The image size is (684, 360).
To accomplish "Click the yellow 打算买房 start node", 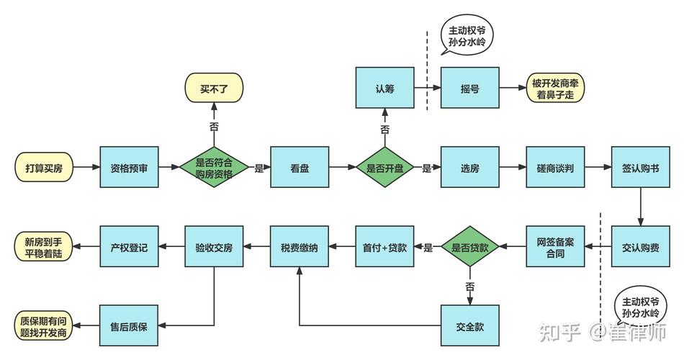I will pyautogui.click(x=44, y=168).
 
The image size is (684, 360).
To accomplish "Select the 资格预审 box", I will pyautogui.click(x=129, y=168).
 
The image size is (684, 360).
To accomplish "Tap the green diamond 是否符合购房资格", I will pyautogui.click(x=214, y=168).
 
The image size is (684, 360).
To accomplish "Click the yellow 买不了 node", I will pyautogui.click(x=214, y=89).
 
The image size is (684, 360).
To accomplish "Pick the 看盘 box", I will pyautogui.click(x=300, y=168).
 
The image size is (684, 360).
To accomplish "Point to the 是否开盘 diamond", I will pyautogui.click(x=384, y=168).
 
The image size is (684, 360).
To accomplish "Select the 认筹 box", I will pyautogui.click(x=384, y=89).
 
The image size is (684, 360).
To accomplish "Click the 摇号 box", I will pyautogui.click(x=469, y=89).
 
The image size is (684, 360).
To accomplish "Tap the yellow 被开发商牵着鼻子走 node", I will pyautogui.click(x=555, y=89).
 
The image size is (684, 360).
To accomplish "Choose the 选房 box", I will pyautogui.click(x=469, y=168).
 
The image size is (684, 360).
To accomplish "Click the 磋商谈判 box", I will pyautogui.click(x=555, y=168).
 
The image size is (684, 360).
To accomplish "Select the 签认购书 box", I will pyautogui.click(x=640, y=168).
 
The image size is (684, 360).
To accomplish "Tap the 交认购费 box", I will pyautogui.click(x=640, y=248).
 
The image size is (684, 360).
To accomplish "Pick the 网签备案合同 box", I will pyautogui.click(x=555, y=248).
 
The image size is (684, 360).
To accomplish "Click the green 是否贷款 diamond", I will pyautogui.click(x=469, y=248).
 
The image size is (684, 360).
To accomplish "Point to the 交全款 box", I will pyautogui.click(x=469, y=326).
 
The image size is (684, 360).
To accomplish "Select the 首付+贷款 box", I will pyautogui.click(x=384, y=248).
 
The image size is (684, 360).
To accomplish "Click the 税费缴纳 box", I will pyautogui.click(x=300, y=248).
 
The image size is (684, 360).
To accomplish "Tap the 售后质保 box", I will pyautogui.click(x=129, y=326).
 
